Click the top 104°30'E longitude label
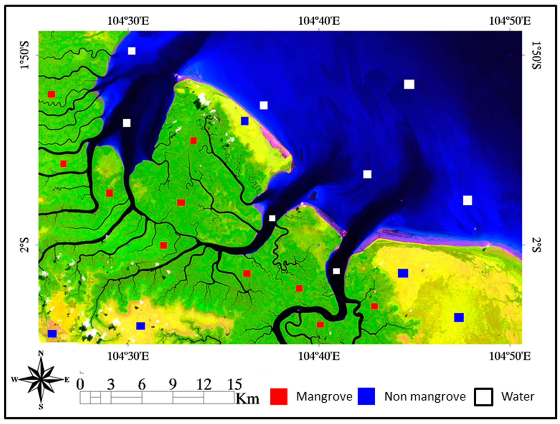pos(128,21)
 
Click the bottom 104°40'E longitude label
pos(319,357)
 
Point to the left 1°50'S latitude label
pos(25,55)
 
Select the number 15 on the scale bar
pos(235,384)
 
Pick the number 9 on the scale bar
pos(173,384)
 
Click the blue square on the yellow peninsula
pos(244,121)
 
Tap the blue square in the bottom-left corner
pos(52,334)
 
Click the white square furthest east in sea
pos(468,200)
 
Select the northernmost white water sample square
pos(132,51)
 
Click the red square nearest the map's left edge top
pos(51,94)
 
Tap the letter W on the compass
pos(14,379)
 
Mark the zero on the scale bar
pos(80,384)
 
